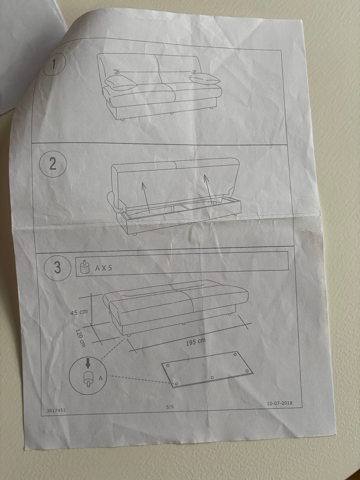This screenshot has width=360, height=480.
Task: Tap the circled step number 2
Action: point(52,165)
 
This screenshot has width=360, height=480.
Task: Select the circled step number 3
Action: point(57,267)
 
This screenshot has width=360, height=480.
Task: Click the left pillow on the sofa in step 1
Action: point(121,83)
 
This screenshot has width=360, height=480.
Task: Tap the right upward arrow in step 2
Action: point(208,189)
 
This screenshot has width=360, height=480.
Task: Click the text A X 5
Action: point(103,268)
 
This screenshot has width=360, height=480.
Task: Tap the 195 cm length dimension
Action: point(196,342)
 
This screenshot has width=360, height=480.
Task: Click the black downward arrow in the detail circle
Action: point(88,364)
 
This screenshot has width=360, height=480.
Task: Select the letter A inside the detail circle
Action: point(100,378)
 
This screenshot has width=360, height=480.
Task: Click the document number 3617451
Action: point(56,411)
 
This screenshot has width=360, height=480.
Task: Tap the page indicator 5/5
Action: point(170,407)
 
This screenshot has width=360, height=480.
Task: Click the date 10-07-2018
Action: point(280,403)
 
